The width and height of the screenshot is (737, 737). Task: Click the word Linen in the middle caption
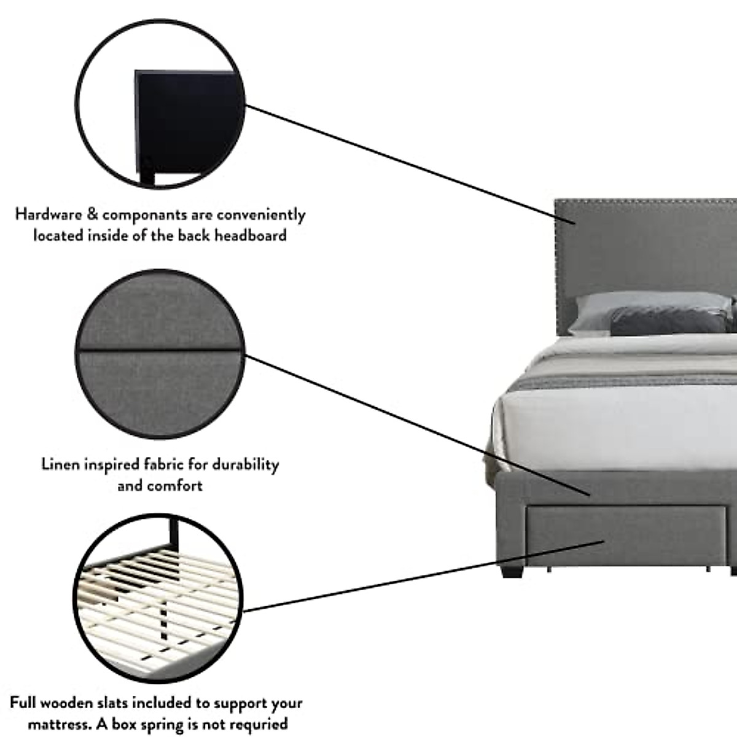click(60, 464)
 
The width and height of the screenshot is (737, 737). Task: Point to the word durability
click(245, 464)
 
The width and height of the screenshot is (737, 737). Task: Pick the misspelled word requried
click(257, 723)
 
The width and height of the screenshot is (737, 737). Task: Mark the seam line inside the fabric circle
click(160, 351)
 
